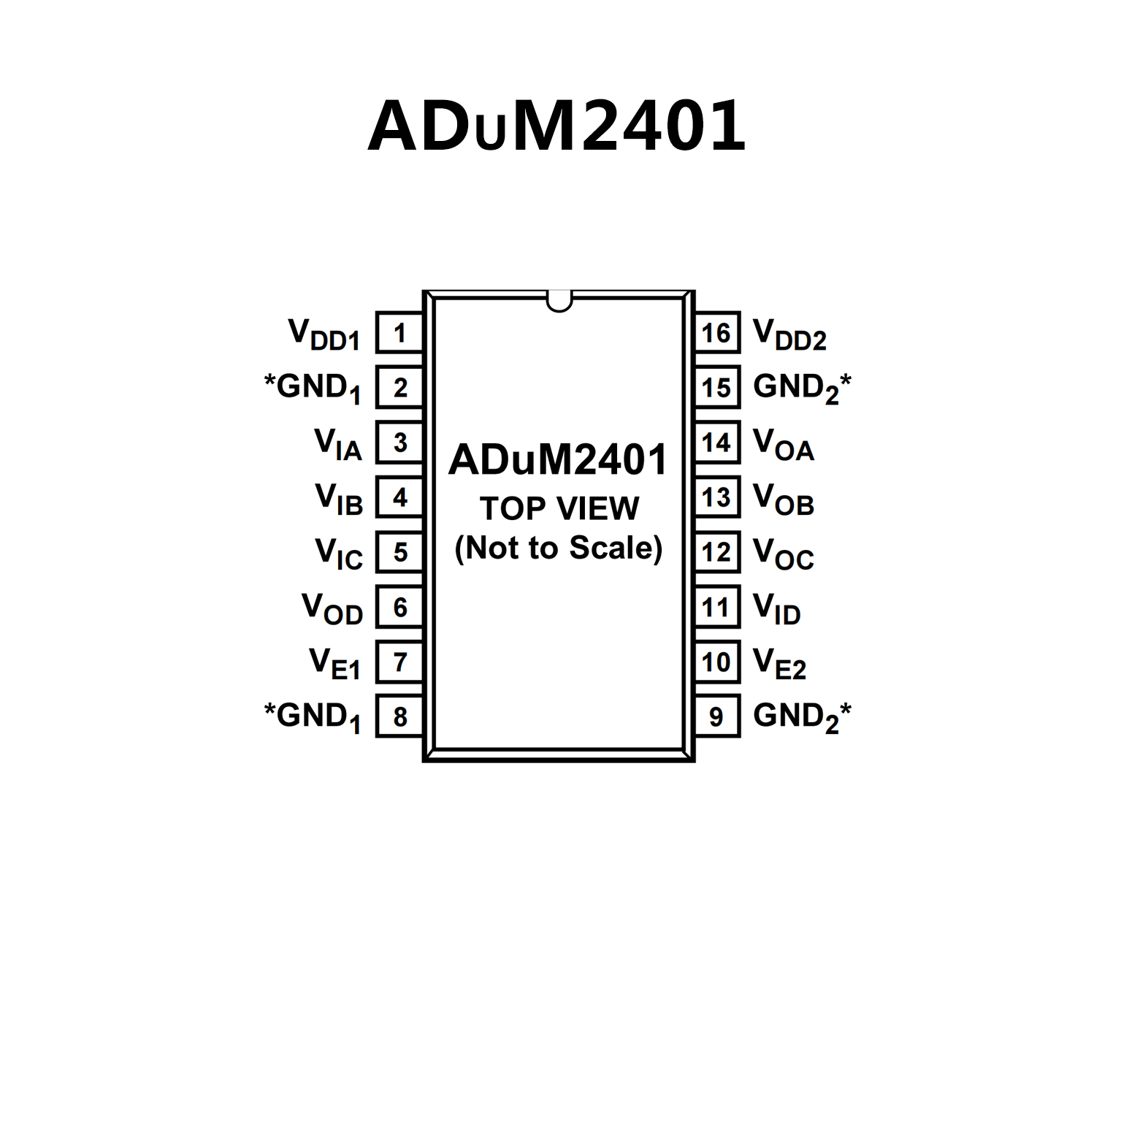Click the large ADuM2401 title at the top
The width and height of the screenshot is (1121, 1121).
point(556,126)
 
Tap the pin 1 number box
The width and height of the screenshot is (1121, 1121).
point(399,333)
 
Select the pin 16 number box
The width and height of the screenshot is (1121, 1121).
point(716,333)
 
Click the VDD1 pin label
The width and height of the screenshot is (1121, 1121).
point(324,334)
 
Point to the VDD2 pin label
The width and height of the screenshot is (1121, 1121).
point(789,334)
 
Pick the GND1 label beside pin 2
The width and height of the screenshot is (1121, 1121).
point(313,388)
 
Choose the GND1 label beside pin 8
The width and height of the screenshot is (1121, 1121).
point(313,716)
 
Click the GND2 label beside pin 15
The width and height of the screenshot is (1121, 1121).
point(802,388)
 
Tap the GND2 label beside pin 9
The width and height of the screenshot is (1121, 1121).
point(802,716)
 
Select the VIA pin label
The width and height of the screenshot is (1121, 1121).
point(338,444)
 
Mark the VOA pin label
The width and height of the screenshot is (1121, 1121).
point(783,444)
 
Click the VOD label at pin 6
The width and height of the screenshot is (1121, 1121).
point(332,608)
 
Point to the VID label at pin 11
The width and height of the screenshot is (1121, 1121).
point(776,608)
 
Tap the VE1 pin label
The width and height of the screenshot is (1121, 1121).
point(335,663)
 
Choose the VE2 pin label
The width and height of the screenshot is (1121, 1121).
point(779,663)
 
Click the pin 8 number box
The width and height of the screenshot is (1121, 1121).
point(399,716)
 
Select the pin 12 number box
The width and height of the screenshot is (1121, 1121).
point(716,552)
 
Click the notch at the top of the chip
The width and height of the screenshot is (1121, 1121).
point(559,300)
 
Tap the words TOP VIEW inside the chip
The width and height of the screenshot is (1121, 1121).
point(559,508)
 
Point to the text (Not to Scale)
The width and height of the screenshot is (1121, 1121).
point(559,548)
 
